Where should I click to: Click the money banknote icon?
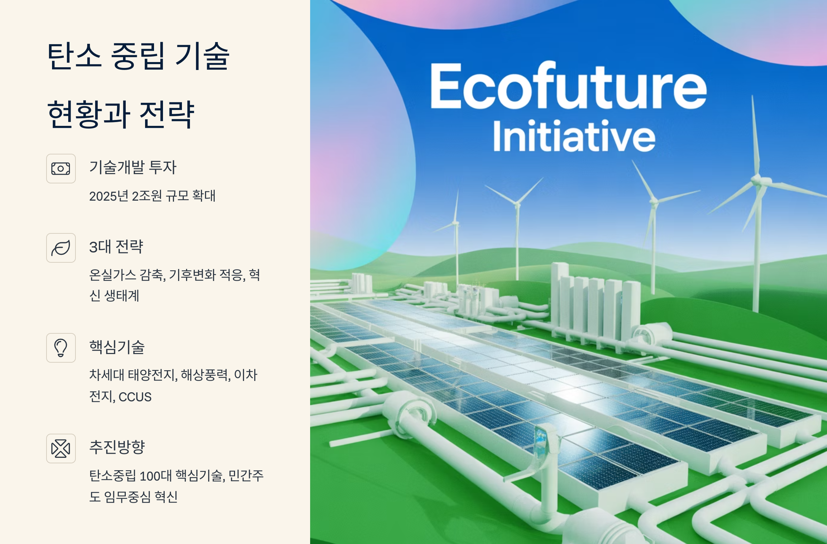pos(61,169)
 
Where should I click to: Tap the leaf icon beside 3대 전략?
pos(61,248)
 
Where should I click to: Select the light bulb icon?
pos(61,347)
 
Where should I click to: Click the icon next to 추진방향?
pos(61,448)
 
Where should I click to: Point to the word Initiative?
pos(574,136)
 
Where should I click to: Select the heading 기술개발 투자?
pos(133,167)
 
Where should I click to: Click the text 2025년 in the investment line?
pos(109,196)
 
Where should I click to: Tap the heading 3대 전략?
pos(116,247)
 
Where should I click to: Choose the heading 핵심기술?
pos(117,347)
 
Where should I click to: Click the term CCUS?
pos(135,397)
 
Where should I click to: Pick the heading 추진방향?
pos(117,447)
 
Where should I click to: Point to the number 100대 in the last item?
pos(155,476)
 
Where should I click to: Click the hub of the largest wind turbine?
pos(758,180)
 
